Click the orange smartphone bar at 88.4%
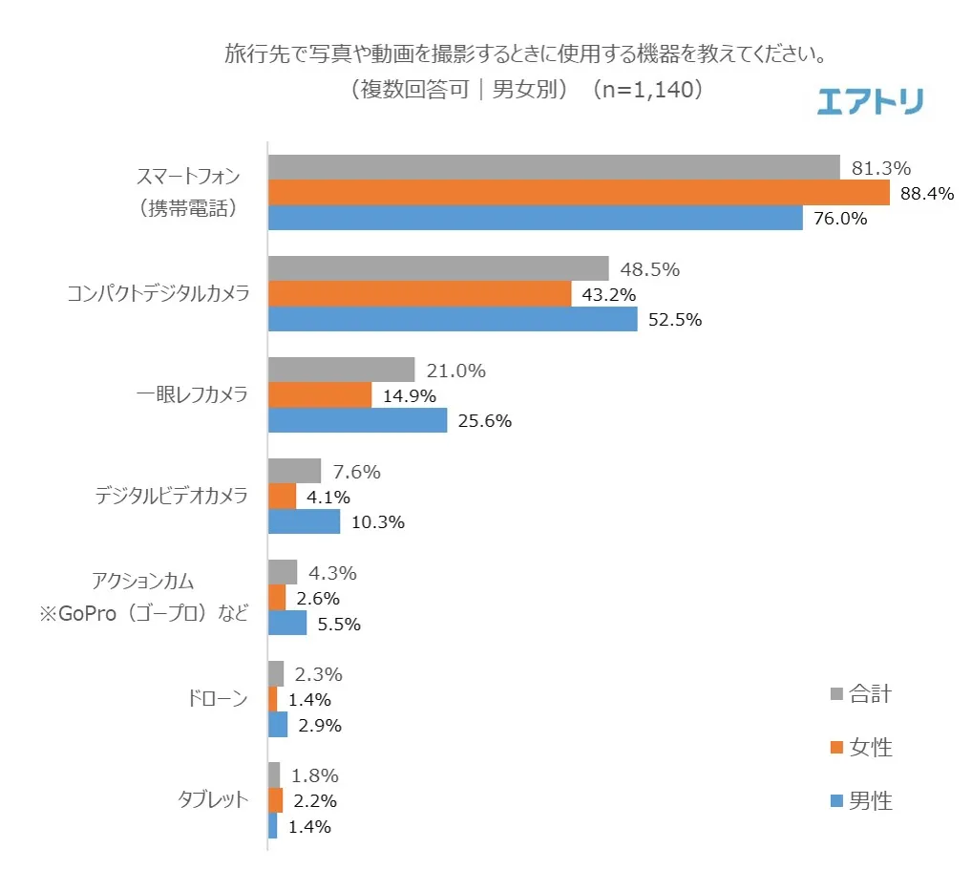579,193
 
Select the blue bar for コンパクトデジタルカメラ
453,319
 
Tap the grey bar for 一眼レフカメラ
341,370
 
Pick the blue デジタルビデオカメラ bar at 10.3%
304,521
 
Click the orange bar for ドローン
273,699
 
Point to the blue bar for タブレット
273,826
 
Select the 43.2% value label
603,294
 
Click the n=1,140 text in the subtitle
647,90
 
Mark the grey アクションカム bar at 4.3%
283,572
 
